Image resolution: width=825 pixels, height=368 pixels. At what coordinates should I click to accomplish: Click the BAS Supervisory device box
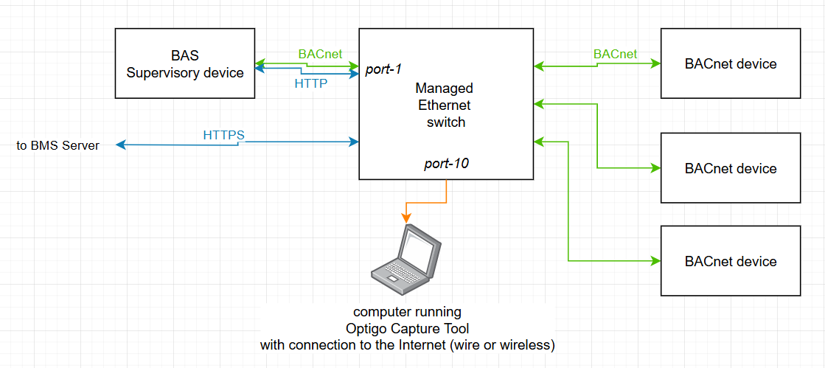coord(184,63)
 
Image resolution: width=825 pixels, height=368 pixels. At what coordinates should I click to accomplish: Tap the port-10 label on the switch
coord(446,164)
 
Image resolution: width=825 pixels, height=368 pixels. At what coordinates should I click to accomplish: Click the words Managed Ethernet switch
coord(445,105)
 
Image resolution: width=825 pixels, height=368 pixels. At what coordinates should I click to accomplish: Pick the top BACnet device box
coord(730,63)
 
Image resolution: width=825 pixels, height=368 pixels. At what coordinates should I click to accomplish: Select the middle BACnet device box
coord(730,168)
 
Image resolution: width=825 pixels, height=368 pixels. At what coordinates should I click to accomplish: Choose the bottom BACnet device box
coord(730,261)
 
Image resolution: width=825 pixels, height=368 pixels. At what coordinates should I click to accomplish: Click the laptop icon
coord(406,254)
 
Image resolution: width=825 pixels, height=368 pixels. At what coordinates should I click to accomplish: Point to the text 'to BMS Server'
coord(58,145)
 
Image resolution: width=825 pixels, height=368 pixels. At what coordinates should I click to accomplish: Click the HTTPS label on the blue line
coord(223,135)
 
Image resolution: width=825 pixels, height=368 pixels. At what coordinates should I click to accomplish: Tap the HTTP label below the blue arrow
coord(310,84)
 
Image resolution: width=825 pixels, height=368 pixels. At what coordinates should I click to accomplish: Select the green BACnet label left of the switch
coord(320,54)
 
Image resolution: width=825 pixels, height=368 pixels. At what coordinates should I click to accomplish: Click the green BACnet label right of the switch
coord(615,54)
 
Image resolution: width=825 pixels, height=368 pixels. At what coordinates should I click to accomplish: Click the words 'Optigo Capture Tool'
coord(407,328)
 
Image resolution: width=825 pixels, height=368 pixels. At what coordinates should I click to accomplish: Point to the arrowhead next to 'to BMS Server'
coord(121,145)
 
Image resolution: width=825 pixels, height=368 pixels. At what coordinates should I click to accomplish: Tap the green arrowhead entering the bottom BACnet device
coord(655,261)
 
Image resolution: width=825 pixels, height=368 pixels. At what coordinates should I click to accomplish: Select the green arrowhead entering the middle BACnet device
coord(655,168)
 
